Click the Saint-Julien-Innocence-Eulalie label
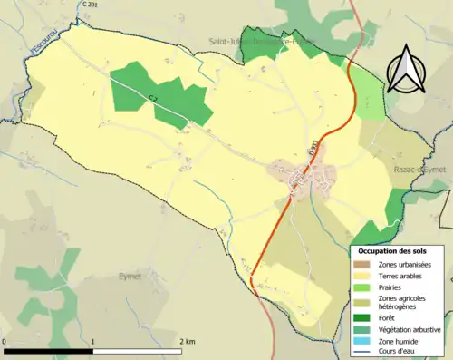[263, 41]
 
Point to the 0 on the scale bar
[5, 341]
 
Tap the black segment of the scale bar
[50, 350]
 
